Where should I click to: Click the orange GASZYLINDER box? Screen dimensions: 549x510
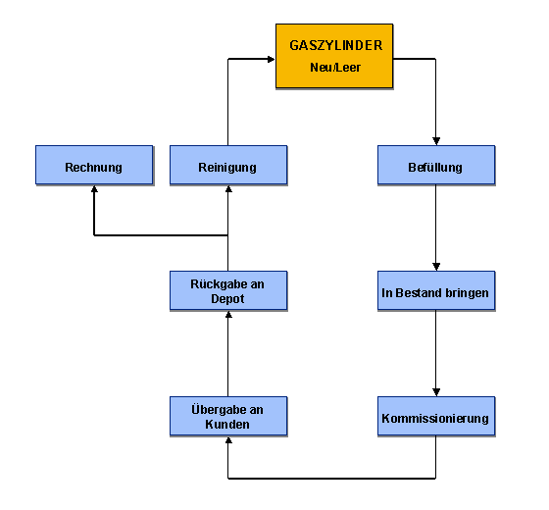point(334,56)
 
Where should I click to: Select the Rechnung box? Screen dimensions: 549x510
point(94,165)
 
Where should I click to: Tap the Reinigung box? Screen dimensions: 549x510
point(228,165)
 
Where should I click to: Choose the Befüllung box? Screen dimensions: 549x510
point(436,165)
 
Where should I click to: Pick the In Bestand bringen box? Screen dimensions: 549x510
point(436,290)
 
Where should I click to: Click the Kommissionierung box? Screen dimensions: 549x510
point(436,416)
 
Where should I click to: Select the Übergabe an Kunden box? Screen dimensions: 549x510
point(228,416)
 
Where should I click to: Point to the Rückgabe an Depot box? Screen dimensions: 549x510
point(228,290)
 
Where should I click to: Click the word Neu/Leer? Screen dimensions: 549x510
point(335,68)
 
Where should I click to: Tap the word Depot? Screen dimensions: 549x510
point(227,299)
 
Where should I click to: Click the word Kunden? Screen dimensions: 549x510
point(227,425)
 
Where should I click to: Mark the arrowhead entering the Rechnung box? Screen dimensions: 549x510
point(94,188)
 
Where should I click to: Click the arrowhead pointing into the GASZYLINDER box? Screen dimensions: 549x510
point(271,59)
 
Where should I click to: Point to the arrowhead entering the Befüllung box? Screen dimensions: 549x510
point(436,141)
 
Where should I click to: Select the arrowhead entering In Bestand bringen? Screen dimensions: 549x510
point(436,267)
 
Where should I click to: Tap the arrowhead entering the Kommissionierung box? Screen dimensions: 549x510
point(436,392)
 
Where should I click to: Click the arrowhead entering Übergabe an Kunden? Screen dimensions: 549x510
point(228,440)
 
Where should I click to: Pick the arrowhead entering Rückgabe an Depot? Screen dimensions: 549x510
point(228,315)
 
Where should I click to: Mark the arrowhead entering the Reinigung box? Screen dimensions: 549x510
point(228,188)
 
